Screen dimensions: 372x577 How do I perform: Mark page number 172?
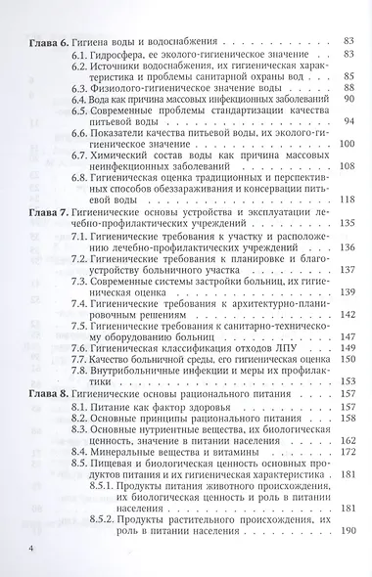[x=344, y=456]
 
